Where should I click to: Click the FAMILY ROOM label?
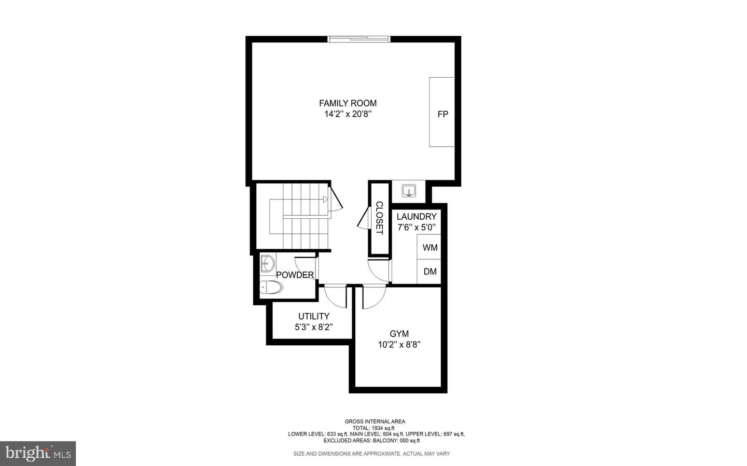coord(348,103)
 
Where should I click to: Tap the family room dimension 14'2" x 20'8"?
coord(348,114)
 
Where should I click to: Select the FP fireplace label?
coord(442,114)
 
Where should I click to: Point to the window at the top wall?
coord(359,38)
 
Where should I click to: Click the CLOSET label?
coord(379,218)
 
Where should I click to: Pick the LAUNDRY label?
coord(417,216)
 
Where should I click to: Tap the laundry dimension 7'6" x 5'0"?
coord(417,227)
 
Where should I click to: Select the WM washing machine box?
coord(430,248)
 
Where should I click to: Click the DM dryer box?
coord(430,272)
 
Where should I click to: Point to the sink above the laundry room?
coord(409,191)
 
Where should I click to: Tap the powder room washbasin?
coord(267,264)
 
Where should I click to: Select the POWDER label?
coord(295,275)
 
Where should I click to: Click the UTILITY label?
coord(313,316)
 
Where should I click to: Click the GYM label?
coord(399,334)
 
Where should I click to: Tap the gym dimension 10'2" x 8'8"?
coord(399,345)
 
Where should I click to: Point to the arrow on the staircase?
coord(325,199)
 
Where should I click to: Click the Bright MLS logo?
coord(38,454)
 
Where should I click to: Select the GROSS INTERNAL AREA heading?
coord(375,421)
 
